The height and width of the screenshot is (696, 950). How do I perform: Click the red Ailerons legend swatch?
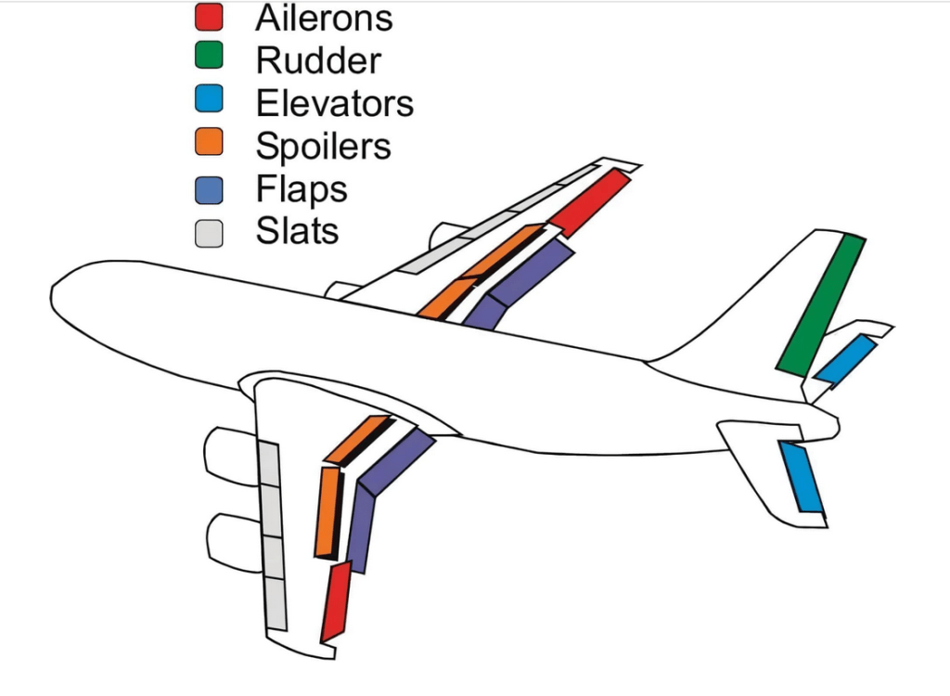coord(210,17)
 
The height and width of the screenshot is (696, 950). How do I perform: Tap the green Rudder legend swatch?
coord(210,59)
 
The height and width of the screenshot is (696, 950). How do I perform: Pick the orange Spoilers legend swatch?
coord(210,145)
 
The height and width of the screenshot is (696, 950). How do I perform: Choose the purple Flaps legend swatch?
coord(210,188)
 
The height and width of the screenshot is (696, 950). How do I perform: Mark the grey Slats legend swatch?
coord(210,231)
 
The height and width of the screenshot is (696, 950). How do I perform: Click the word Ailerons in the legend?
coord(324,18)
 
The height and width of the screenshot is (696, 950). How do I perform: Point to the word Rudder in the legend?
coord(318,60)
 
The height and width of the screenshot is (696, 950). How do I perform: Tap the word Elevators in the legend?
coord(335,103)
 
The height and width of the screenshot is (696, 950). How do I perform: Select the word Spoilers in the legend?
coord(324,146)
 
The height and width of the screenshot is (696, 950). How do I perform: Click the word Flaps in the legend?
coord(302,189)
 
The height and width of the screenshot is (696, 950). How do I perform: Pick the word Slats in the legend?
coord(297,231)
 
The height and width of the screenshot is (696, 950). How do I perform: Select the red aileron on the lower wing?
coord(336,601)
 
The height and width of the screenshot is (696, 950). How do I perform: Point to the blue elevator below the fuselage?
coord(802,477)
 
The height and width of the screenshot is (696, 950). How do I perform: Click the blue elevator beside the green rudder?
coord(845,360)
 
